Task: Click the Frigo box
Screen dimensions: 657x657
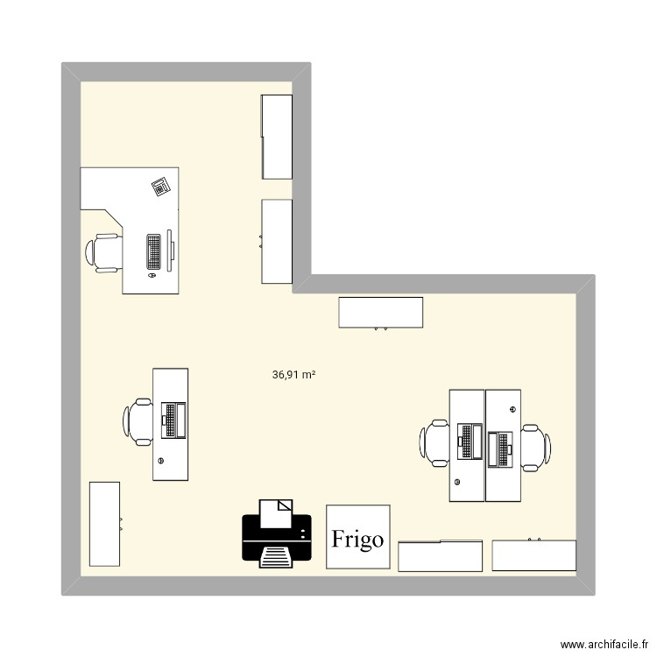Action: [x=357, y=537]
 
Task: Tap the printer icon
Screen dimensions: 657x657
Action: [x=278, y=532]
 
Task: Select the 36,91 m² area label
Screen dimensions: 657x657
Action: [x=294, y=374]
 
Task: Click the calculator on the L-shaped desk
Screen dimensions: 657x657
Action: [x=160, y=186]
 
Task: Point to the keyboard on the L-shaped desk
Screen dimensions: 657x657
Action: [x=154, y=252]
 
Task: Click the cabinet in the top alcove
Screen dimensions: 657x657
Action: [x=277, y=136]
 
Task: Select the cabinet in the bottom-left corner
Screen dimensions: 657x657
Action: [x=105, y=525]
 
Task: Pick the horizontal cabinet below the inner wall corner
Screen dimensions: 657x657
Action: [x=381, y=313]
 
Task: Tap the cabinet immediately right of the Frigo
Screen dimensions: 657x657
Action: [x=441, y=556]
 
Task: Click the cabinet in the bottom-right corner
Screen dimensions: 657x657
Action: [x=534, y=555]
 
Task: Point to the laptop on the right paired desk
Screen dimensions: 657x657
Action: [x=501, y=448]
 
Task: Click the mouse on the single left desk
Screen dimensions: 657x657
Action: [x=160, y=460]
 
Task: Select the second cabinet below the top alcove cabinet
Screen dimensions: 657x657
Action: [x=277, y=241]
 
